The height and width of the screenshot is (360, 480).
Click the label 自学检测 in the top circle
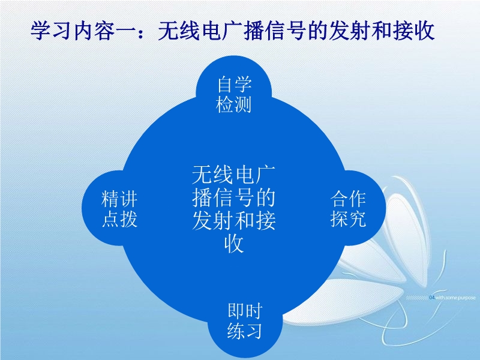point(234,95)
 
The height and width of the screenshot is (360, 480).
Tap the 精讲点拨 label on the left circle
point(119,209)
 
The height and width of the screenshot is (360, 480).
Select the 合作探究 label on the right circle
point(348,209)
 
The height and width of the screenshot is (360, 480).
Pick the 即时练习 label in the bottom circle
point(245,321)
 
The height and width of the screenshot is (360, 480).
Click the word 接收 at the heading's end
point(414,31)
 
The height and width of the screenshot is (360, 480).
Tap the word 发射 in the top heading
point(349,31)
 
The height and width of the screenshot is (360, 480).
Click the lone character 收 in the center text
point(234,244)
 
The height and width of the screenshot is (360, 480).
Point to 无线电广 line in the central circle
point(234,175)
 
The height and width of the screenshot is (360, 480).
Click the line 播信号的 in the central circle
point(234,198)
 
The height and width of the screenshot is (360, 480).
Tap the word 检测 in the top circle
point(234,104)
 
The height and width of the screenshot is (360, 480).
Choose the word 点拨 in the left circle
point(119,219)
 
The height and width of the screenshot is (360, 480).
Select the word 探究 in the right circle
point(348,219)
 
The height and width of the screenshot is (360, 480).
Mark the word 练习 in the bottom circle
point(245,331)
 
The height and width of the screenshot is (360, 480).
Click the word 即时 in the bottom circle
point(245,311)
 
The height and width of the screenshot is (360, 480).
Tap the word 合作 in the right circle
point(348,199)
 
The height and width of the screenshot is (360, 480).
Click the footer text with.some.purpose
point(455,298)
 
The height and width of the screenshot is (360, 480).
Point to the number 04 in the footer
point(432,298)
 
